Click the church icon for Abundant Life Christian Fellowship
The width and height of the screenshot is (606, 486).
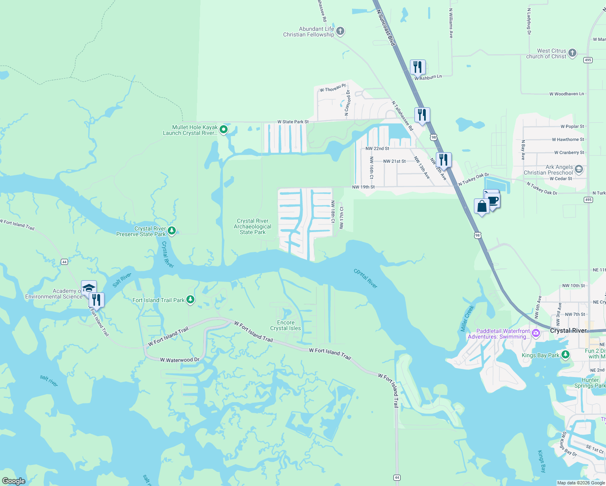click(340, 31)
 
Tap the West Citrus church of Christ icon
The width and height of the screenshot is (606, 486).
click(572, 53)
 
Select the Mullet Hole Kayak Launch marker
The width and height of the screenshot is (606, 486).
click(223, 130)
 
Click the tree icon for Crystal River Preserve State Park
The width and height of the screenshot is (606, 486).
click(172, 231)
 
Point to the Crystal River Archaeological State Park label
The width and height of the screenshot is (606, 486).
click(252, 227)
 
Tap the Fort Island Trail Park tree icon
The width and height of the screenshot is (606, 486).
click(190, 300)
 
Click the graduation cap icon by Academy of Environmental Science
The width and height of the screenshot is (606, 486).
click(89, 288)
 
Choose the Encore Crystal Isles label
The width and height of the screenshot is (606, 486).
click(286, 326)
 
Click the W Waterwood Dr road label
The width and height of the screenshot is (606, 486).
click(179, 360)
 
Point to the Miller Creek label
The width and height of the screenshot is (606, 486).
click(467, 319)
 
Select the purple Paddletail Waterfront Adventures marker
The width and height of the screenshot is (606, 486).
click(536, 333)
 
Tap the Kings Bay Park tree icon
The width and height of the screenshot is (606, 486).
click(565, 355)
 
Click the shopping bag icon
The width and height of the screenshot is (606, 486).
click(482, 206)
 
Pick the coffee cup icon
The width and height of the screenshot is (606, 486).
click(493, 200)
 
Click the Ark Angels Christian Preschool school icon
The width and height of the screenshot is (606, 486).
click(578, 169)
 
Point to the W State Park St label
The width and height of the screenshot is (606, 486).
click(293, 122)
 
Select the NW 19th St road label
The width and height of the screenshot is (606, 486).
click(363, 187)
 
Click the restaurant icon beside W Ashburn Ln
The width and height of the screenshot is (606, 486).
click(418, 67)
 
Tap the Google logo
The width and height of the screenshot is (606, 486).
click(13, 481)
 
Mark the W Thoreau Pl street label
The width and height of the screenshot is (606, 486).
click(333, 88)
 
